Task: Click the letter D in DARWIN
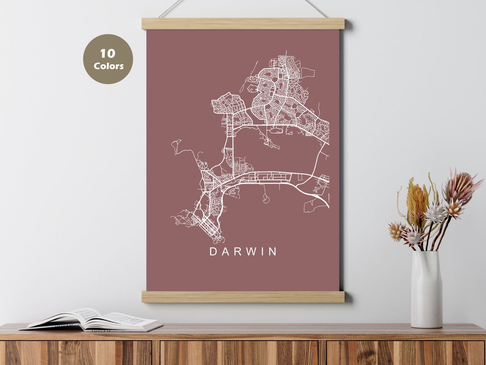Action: pyautogui.click(x=213, y=252)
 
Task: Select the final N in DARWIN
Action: pyautogui.click(x=273, y=252)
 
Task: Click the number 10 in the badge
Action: pyautogui.click(x=108, y=54)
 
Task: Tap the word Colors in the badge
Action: pyautogui.click(x=108, y=66)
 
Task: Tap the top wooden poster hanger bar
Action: pyautogui.click(x=243, y=23)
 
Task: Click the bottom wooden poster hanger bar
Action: pyautogui.click(x=243, y=297)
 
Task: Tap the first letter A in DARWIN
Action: pyautogui.click(x=224, y=252)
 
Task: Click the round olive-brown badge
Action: pyautogui.click(x=108, y=59)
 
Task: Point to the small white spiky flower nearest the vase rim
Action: pyautogui.click(x=414, y=237)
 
